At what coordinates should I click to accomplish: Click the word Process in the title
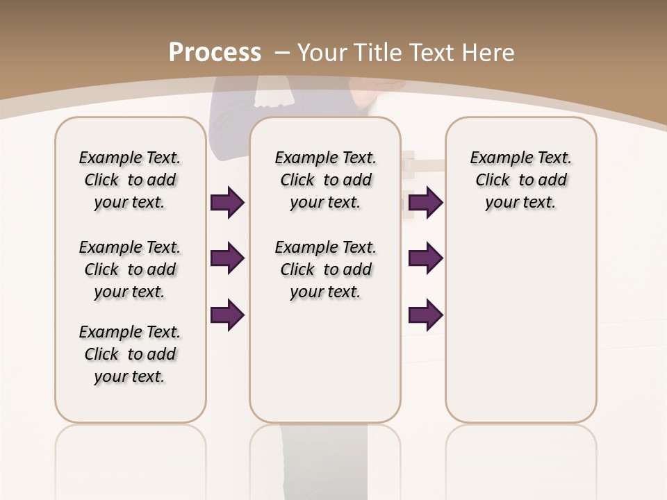point(215,52)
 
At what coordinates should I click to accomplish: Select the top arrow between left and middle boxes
point(227,202)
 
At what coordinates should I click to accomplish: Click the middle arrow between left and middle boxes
point(227,258)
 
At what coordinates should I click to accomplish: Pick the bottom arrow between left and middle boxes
point(227,315)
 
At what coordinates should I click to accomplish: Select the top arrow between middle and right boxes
point(425,202)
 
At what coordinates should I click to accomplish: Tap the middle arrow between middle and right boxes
point(425,258)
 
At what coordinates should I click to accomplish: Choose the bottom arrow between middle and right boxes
point(425,315)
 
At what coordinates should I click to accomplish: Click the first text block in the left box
point(130,180)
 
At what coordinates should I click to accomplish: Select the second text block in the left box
point(130,269)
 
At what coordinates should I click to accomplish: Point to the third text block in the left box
point(130,354)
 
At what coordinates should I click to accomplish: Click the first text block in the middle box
point(325,180)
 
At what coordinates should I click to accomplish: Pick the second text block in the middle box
point(325,269)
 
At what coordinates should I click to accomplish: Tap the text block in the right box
point(520,180)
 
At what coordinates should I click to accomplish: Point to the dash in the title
point(281,52)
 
